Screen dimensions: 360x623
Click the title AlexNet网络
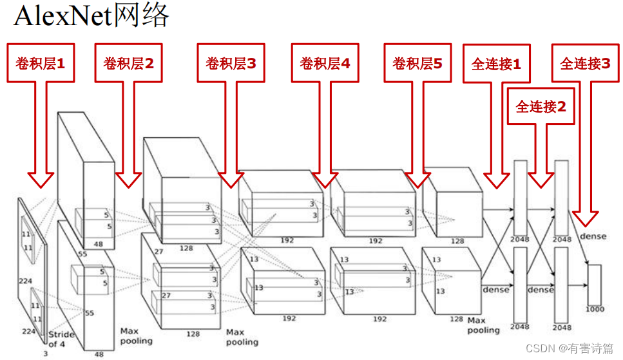(x=91, y=15)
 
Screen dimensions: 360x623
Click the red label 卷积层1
(x=40, y=63)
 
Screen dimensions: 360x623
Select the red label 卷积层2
(x=128, y=63)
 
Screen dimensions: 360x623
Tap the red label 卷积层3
(x=231, y=63)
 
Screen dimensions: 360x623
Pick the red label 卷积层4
(x=325, y=63)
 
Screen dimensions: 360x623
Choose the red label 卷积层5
(x=417, y=63)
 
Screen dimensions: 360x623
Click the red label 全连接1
(x=496, y=64)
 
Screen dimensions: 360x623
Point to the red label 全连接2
(x=541, y=107)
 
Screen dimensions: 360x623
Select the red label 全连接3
(x=585, y=63)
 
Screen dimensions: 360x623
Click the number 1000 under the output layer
(x=595, y=309)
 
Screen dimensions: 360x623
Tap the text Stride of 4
(x=62, y=339)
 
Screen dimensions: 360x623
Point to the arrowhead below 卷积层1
(x=40, y=178)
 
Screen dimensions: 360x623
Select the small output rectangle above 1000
(x=594, y=284)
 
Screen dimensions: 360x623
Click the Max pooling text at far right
(x=483, y=325)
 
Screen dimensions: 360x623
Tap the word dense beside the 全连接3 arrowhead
(x=593, y=236)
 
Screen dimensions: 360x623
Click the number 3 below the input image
(x=44, y=354)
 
